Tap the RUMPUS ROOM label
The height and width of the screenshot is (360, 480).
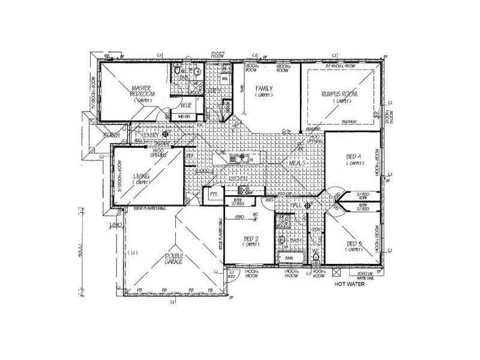click(x=340, y=93)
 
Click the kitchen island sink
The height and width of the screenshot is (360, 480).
click(x=238, y=160)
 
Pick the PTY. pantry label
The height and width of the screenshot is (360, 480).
click(x=212, y=195)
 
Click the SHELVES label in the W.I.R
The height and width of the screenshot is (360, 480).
click(x=184, y=116)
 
